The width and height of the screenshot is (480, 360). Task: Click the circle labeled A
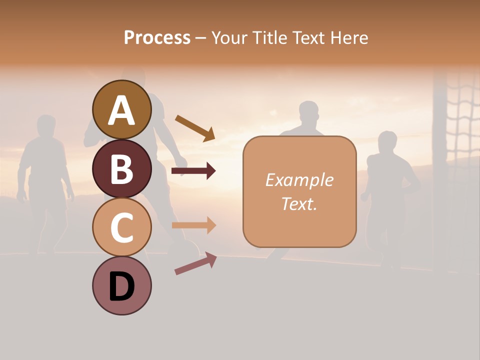[x=121, y=109]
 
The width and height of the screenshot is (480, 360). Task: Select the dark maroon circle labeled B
[x=121, y=168]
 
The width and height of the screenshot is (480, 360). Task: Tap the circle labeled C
[x=121, y=227]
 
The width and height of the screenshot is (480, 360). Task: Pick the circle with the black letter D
[x=121, y=285]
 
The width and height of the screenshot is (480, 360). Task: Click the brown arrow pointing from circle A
[x=195, y=128]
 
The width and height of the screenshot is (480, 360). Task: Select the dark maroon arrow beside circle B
[x=193, y=171]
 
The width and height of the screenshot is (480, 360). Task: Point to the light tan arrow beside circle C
[x=193, y=225]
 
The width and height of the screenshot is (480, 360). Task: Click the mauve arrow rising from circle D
[x=195, y=263]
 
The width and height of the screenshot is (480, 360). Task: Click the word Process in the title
[x=157, y=37]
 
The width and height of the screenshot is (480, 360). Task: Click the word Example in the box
[x=299, y=180]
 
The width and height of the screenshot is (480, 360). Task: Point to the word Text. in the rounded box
[x=299, y=203]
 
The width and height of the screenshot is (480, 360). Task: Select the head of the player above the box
[x=308, y=113]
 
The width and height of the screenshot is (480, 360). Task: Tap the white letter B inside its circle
[x=121, y=168]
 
